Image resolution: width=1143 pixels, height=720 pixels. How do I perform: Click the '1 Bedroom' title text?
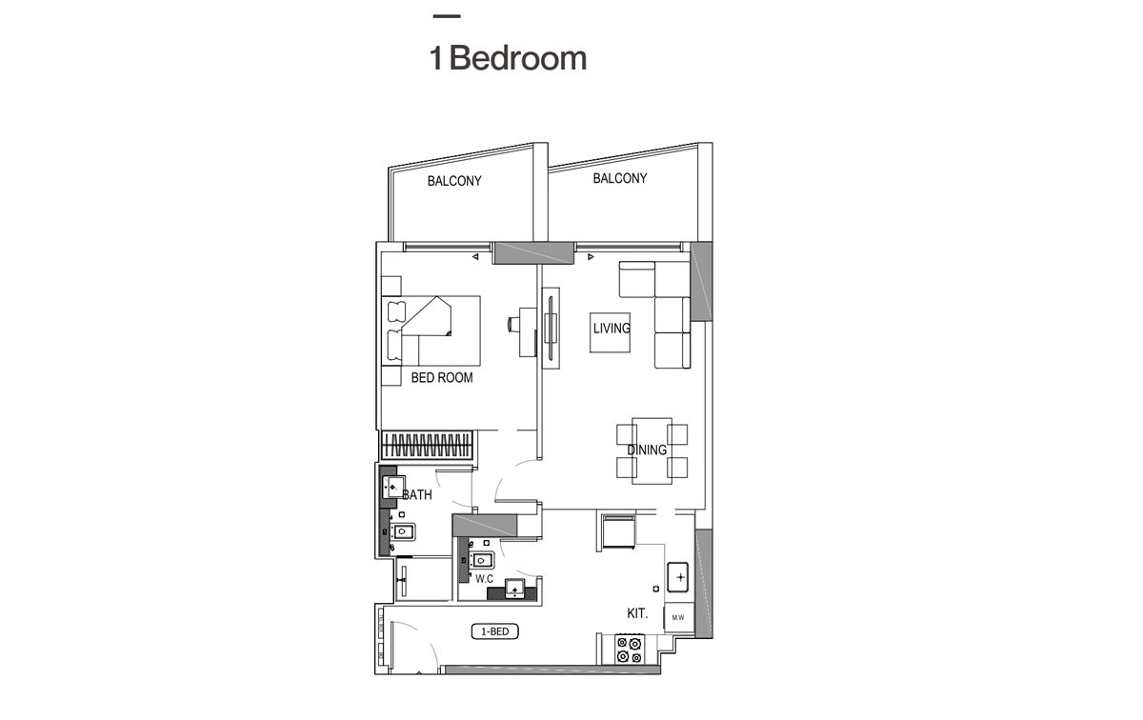(x=508, y=58)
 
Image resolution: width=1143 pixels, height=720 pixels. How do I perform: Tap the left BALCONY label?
(x=454, y=181)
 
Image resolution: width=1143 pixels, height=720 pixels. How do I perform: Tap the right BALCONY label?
(x=620, y=178)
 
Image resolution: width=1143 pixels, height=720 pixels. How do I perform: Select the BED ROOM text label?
(x=442, y=378)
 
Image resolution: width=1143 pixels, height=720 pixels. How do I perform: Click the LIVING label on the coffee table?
(x=612, y=329)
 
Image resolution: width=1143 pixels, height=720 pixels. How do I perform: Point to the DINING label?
(x=647, y=450)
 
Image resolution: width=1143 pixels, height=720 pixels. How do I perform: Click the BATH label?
(x=417, y=495)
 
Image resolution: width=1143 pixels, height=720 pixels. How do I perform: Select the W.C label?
(x=484, y=578)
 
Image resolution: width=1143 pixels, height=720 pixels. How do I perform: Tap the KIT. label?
(x=637, y=614)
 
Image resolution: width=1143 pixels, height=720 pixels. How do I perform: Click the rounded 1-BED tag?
(x=494, y=631)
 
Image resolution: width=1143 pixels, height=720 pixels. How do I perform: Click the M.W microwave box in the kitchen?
(x=678, y=618)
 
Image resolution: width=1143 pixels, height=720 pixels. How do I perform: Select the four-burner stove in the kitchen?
(x=629, y=650)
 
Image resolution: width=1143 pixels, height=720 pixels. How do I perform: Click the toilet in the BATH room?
(x=403, y=531)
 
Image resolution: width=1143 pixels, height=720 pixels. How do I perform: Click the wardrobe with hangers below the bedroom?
(x=428, y=445)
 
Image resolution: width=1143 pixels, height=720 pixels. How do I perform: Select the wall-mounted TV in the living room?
(x=551, y=326)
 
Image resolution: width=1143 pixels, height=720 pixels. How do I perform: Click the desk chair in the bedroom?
(x=514, y=325)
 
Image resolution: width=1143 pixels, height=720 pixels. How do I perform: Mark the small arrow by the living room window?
(x=590, y=256)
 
